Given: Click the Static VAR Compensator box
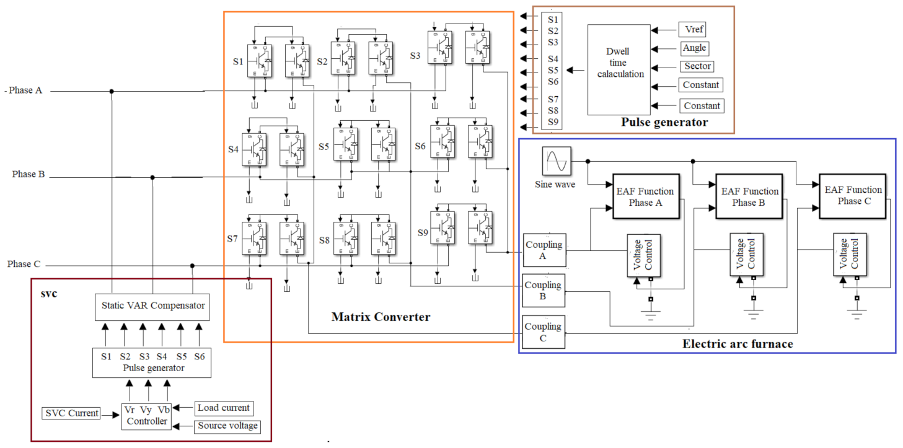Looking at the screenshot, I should click(x=152, y=305).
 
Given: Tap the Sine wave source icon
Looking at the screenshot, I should click(x=555, y=162).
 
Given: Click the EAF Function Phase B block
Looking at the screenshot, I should click(x=749, y=196).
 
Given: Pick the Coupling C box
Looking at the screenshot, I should click(x=544, y=333).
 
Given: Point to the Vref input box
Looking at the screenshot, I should click(x=691, y=30).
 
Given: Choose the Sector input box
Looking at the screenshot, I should click(x=697, y=66).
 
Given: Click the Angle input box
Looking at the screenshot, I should click(x=694, y=48).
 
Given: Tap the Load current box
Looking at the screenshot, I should click(x=223, y=408).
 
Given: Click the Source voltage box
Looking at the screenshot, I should click(x=227, y=426).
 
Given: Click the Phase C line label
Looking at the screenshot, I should click(x=24, y=264).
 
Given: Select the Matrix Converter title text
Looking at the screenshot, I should click(x=381, y=317).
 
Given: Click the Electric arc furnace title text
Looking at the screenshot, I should click(x=737, y=343).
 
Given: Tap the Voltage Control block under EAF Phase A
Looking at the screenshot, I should click(x=643, y=256).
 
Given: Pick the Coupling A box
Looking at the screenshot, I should click(x=544, y=250).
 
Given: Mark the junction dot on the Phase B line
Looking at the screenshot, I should click(x=152, y=177).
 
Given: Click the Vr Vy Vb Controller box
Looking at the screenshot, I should click(x=146, y=416).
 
